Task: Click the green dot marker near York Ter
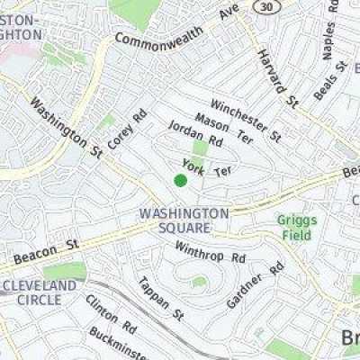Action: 180,181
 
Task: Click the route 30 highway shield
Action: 264,8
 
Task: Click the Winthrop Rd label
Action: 210,252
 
